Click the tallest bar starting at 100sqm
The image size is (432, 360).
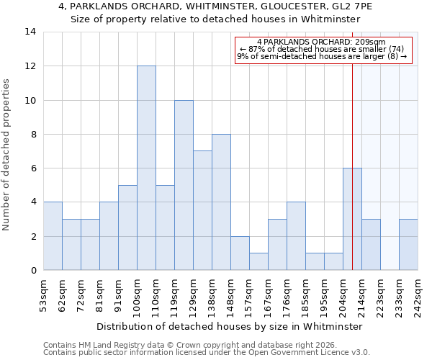[146, 168]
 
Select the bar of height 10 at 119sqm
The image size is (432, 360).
[184, 185]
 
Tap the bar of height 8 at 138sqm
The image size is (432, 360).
[221, 202]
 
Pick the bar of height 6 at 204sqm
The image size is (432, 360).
[352, 219]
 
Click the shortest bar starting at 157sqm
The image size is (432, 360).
[258, 261]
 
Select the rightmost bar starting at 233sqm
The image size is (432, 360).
[408, 245]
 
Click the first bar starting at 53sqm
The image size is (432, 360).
[53, 236]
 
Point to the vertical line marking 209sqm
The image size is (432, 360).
[352, 144]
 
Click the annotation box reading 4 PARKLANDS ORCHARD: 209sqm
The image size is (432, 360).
[323, 50]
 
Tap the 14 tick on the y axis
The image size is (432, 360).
[31, 32]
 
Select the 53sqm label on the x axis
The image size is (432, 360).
[43, 293]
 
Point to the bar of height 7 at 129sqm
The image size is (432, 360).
[202, 210]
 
